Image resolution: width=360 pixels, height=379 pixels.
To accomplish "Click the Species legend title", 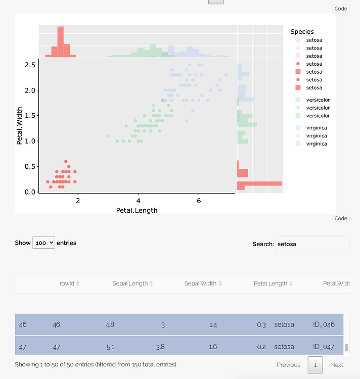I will tap(302, 32).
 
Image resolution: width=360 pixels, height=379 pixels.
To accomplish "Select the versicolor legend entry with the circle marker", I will tap(318, 108).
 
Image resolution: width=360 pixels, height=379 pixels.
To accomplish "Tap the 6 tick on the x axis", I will tap(199, 201).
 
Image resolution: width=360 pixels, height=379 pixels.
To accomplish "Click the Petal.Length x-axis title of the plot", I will tap(137, 210).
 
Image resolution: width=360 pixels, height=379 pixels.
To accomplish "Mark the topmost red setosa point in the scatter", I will tap(66, 162).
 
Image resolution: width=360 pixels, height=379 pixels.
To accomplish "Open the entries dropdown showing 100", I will tap(43, 243).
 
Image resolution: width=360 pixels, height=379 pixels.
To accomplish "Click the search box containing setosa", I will tap(311, 244).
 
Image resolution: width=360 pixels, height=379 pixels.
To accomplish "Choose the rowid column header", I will tap(67, 283).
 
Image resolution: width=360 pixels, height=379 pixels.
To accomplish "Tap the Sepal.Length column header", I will tap(130, 283).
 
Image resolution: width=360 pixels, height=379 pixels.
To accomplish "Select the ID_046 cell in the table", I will tap(324, 324).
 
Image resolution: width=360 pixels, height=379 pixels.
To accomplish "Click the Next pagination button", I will tap(336, 365).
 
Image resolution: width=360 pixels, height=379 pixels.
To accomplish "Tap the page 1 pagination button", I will tap(315, 365).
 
